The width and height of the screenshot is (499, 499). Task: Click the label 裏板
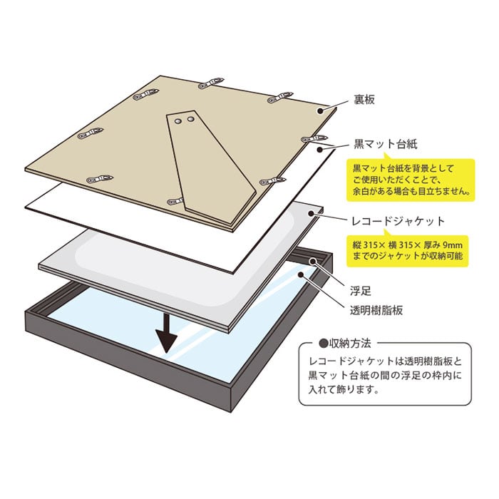click(x=365, y=101)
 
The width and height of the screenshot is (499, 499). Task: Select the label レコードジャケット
click(x=393, y=221)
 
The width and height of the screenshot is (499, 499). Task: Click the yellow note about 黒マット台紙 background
click(x=413, y=179)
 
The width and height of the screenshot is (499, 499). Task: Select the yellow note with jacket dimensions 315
click(x=413, y=250)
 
